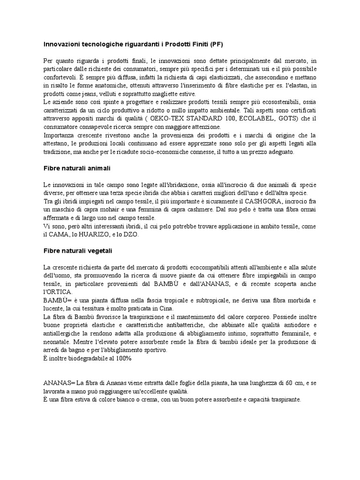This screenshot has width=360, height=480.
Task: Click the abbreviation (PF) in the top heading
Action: (216, 45)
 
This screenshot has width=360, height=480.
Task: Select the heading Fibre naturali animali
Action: (76, 168)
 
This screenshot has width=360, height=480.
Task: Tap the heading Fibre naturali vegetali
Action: (77, 251)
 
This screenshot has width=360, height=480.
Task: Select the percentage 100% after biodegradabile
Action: (122, 359)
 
